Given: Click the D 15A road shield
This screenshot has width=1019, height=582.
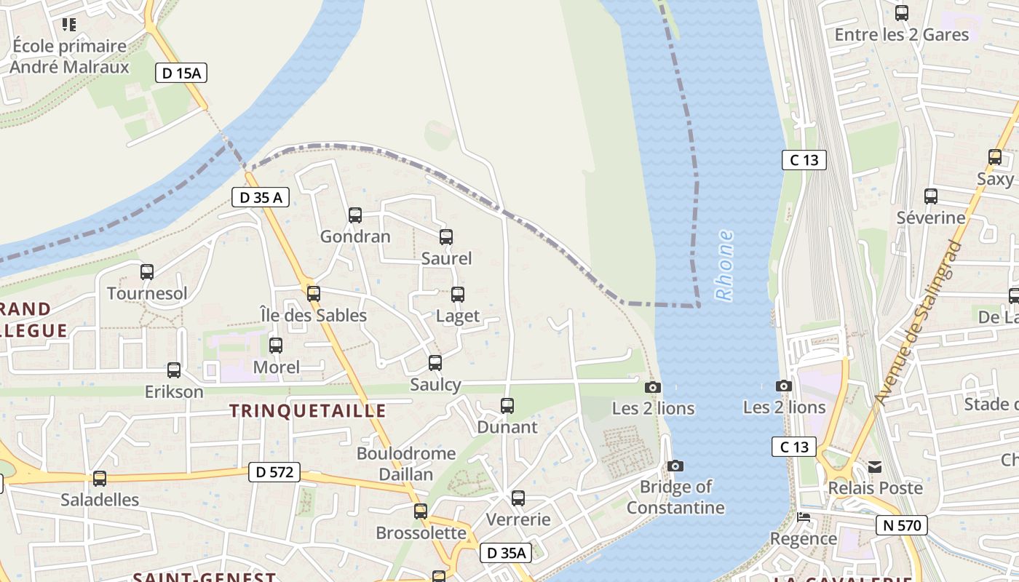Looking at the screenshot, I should [181, 72].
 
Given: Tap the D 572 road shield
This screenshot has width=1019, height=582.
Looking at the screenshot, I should [274, 472].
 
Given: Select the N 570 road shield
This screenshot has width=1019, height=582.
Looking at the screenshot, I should [902, 525].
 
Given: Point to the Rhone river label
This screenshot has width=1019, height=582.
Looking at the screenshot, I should [724, 266].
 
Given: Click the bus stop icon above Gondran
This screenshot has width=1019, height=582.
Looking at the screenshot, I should [355, 215].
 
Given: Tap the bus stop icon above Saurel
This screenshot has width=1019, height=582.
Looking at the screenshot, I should [446, 236].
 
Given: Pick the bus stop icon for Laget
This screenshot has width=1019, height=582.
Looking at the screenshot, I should [458, 295].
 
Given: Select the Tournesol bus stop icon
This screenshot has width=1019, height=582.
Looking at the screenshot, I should [147, 272].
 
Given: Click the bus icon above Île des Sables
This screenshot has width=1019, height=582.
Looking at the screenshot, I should [314, 294].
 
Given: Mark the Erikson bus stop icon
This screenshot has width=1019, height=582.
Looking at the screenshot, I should [174, 370].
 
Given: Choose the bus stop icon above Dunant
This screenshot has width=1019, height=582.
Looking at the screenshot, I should [507, 405].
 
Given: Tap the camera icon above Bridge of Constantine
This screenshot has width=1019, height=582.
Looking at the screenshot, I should [675, 466].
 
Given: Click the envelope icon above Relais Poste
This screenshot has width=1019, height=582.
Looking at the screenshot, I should [875, 466].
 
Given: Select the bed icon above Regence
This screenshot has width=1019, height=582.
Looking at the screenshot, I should [804, 517].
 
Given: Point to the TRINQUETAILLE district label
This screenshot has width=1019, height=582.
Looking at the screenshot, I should [308, 411].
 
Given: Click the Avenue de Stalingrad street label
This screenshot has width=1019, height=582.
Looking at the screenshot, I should [919, 322].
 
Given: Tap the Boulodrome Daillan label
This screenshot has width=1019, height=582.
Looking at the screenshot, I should [406, 463].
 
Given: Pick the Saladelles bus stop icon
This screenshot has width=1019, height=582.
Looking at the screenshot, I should [100, 479].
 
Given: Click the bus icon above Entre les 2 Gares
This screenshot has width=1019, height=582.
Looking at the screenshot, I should [902, 12].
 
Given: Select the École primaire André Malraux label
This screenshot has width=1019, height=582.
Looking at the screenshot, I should [70, 57].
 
